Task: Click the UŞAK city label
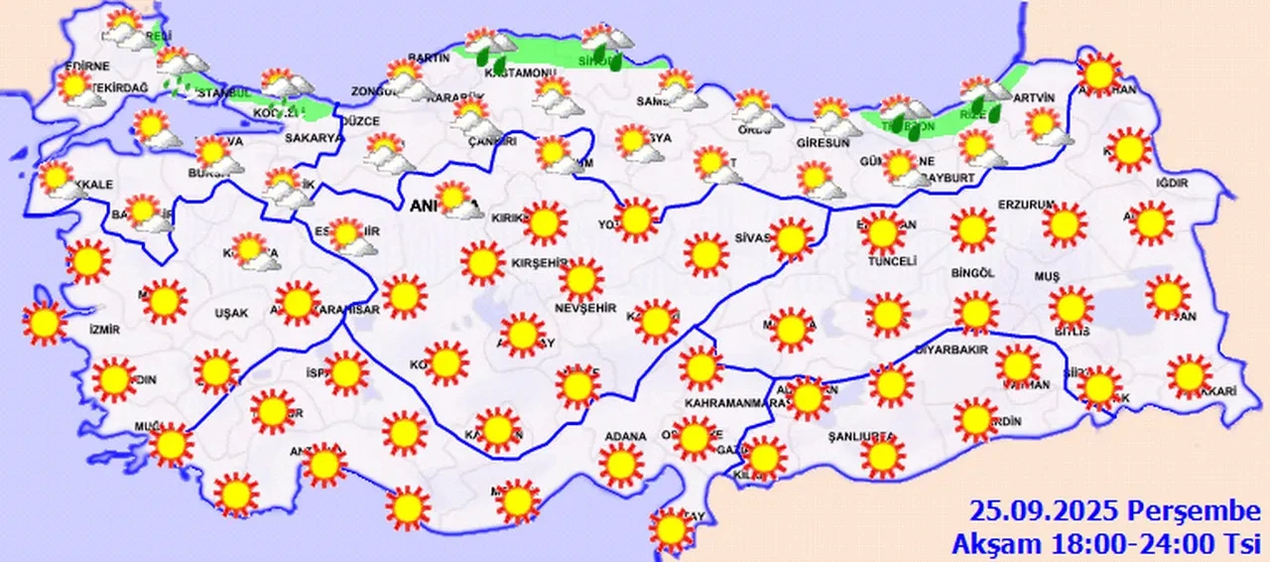[231, 314]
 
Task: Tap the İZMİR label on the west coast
[103, 330]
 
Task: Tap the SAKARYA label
[313, 139]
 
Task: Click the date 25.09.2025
[1046, 513]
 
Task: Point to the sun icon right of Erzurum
[1066, 224]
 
